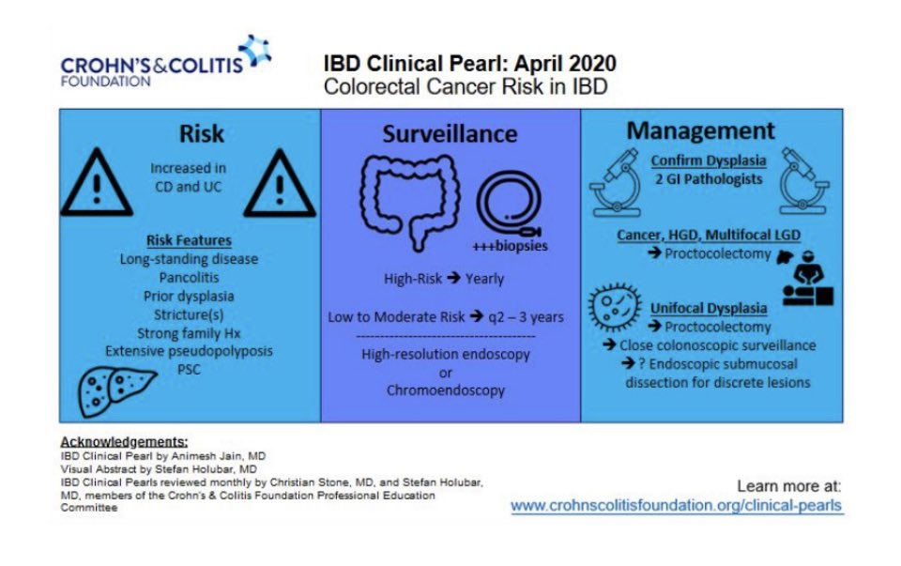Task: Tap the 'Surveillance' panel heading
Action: (x=450, y=133)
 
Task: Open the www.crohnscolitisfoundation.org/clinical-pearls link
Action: (x=676, y=506)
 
